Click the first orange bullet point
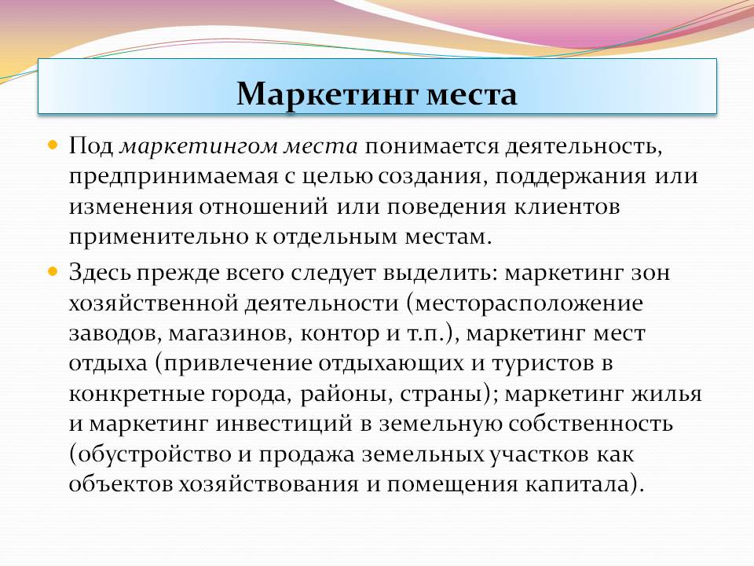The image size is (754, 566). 53,145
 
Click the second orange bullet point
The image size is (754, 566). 53,271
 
